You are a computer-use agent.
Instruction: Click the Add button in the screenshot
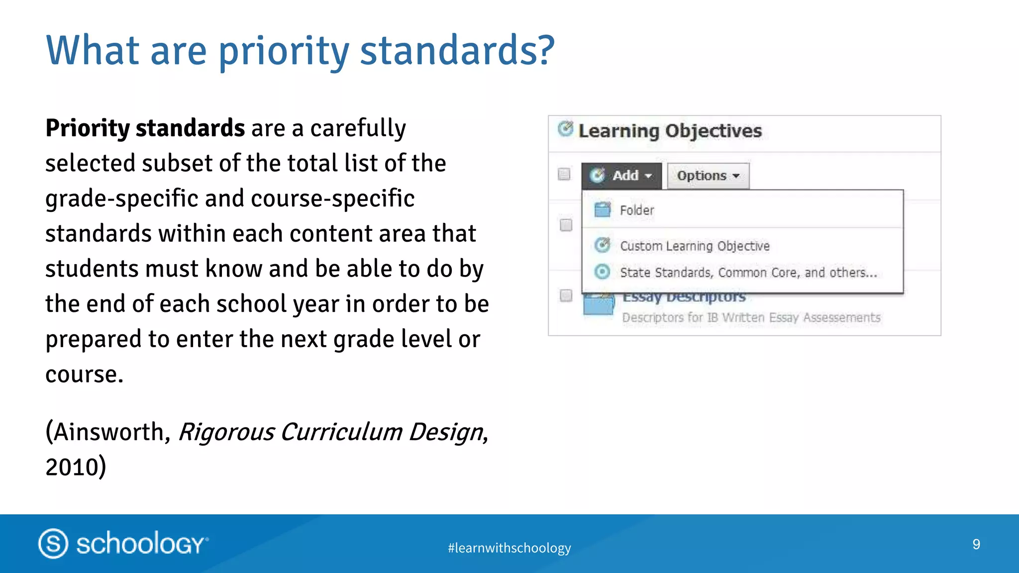621,176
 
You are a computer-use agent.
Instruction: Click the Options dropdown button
708,176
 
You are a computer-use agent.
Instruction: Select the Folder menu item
637,210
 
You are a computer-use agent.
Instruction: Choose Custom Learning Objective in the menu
694,246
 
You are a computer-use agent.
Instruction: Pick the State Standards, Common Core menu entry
748,273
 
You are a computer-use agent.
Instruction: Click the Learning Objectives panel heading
669,131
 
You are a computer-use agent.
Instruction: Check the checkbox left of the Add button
564,174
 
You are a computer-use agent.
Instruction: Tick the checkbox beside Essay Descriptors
566,295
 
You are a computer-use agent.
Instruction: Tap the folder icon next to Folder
603,210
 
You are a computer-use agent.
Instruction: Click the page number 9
976,544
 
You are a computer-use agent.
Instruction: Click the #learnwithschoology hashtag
509,548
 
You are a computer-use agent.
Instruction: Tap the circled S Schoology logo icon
53,543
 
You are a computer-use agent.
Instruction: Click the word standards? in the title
457,50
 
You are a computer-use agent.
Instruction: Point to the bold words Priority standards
145,128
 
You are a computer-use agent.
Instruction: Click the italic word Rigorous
226,432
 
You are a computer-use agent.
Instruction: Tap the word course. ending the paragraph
84,374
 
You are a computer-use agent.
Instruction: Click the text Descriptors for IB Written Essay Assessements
751,317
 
